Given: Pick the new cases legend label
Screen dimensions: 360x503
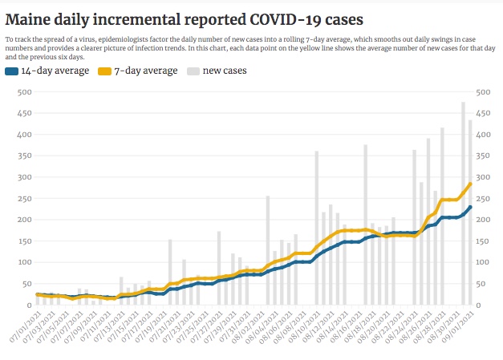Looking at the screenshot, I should [224, 71].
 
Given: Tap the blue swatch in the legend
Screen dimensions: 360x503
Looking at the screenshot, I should [11, 71].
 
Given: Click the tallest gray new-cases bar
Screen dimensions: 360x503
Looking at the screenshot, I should [463, 200].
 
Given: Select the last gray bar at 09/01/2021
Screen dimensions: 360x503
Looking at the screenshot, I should [470, 212].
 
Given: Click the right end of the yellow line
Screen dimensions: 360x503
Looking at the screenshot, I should [470, 184].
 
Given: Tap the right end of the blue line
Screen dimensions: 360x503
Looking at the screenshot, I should [470, 207].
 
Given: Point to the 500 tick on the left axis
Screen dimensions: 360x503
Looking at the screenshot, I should [22, 92].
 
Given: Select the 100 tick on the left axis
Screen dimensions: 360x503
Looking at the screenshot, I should [22, 262].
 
